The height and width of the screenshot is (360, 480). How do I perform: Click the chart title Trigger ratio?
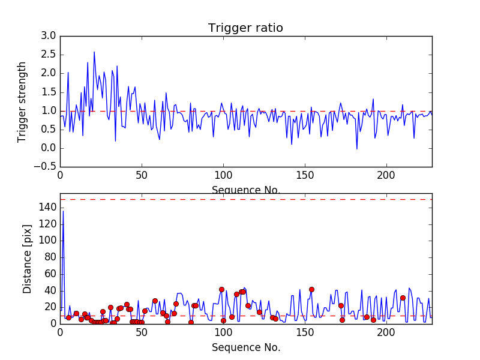point(245,28)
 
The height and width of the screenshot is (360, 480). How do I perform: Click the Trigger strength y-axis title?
point(22,101)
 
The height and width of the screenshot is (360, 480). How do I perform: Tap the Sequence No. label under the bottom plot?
point(245,347)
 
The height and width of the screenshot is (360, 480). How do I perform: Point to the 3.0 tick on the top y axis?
point(49,36)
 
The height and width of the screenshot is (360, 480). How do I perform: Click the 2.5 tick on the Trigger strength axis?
point(49,55)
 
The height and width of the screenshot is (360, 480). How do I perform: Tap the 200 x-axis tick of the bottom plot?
point(386,332)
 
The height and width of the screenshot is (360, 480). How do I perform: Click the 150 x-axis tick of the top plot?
point(305,176)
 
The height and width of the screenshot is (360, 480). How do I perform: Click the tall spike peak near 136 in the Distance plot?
point(63,211)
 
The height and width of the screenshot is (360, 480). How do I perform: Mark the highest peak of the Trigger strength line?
point(94,52)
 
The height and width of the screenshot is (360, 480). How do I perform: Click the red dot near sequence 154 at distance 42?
point(311,289)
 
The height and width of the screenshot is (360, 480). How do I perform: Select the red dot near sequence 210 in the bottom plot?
point(403,298)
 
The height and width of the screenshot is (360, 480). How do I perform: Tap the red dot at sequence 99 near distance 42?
point(221,289)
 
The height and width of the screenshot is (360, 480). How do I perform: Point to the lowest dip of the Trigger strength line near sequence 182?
point(357,149)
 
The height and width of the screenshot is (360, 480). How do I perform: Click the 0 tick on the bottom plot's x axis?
point(60,332)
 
